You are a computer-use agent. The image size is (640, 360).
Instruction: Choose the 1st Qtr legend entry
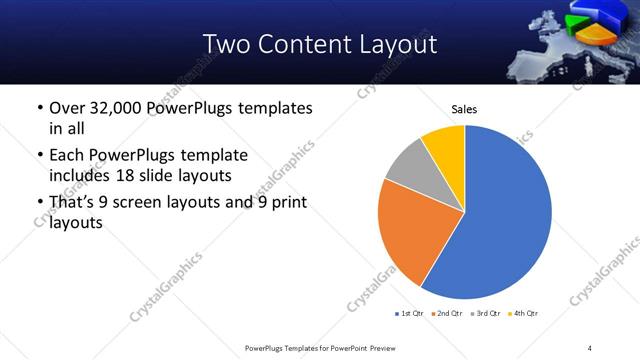(x=411, y=314)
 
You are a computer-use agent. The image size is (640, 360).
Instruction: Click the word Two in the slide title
(x=229, y=44)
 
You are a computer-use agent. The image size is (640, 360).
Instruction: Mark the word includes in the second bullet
(x=81, y=176)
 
